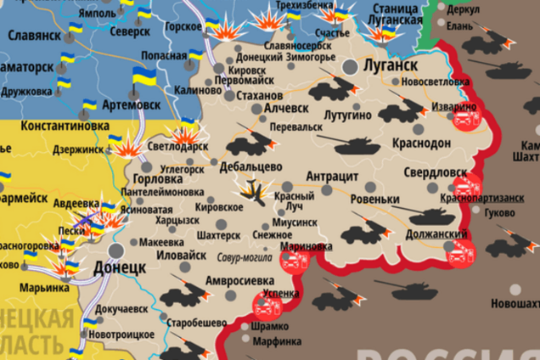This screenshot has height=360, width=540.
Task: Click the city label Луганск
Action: click(x=391, y=65)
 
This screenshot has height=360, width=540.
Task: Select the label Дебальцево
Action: click(x=250, y=166)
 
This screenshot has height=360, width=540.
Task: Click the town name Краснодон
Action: click(x=422, y=143)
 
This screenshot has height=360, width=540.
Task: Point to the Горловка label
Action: click(x=158, y=180)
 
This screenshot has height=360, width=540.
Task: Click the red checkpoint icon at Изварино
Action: click(x=463, y=120)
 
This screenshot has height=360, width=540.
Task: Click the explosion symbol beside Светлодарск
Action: click(x=183, y=134)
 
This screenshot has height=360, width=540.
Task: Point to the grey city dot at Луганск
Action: click(x=349, y=65)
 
